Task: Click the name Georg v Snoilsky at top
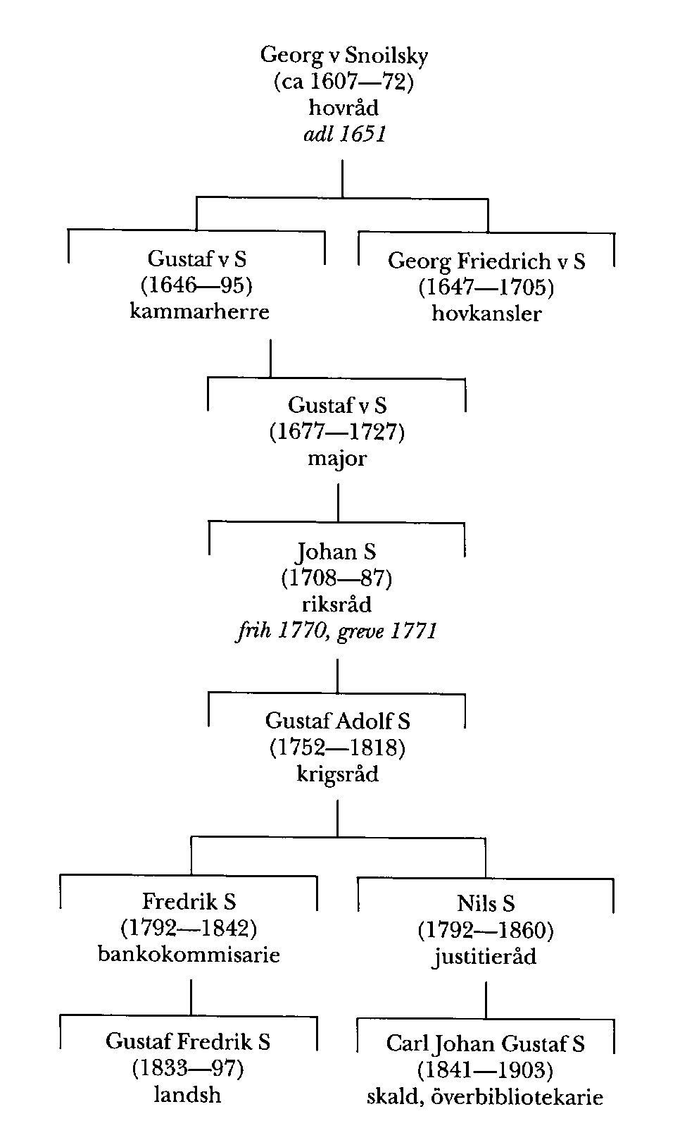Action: [x=343, y=55]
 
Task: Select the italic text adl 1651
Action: [x=345, y=134]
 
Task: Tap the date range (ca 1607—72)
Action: [x=343, y=82]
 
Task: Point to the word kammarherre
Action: [x=199, y=311]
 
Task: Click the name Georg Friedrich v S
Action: [x=486, y=261]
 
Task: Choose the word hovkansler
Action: [x=486, y=314]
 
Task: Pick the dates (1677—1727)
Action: [x=337, y=431]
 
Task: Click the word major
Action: [x=337, y=459]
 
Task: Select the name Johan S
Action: [x=336, y=551]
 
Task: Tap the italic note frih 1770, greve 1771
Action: [x=336, y=631]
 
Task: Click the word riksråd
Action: [x=336, y=605]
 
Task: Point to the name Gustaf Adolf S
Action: [x=337, y=721]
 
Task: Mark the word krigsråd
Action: [x=337, y=774]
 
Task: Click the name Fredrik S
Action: [x=189, y=901]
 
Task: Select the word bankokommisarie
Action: [x=189, y=955]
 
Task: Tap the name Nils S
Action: [x=486, y=903]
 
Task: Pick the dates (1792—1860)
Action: [x=486, y=930]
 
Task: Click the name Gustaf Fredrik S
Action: [x=188, y=1041]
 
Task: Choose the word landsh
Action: [x=188, y=1095]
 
